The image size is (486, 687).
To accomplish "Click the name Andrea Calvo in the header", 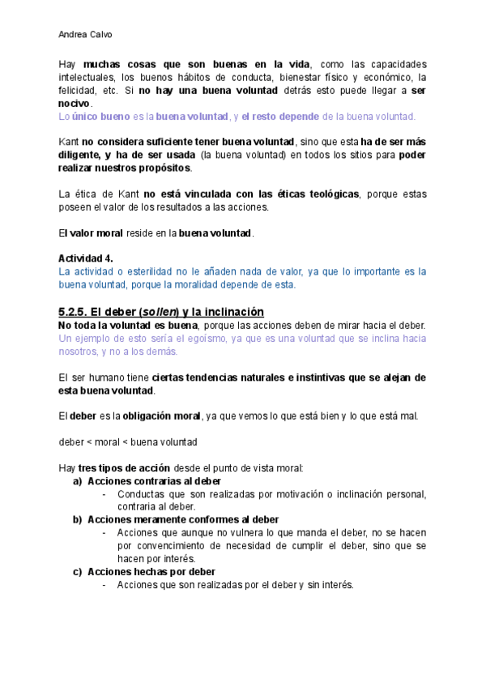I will (86, 36).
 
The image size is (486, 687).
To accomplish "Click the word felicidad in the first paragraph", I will (78, 91).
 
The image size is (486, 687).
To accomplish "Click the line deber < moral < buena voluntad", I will (128, 442).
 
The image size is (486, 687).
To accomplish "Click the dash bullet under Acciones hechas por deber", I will (105, 585).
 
